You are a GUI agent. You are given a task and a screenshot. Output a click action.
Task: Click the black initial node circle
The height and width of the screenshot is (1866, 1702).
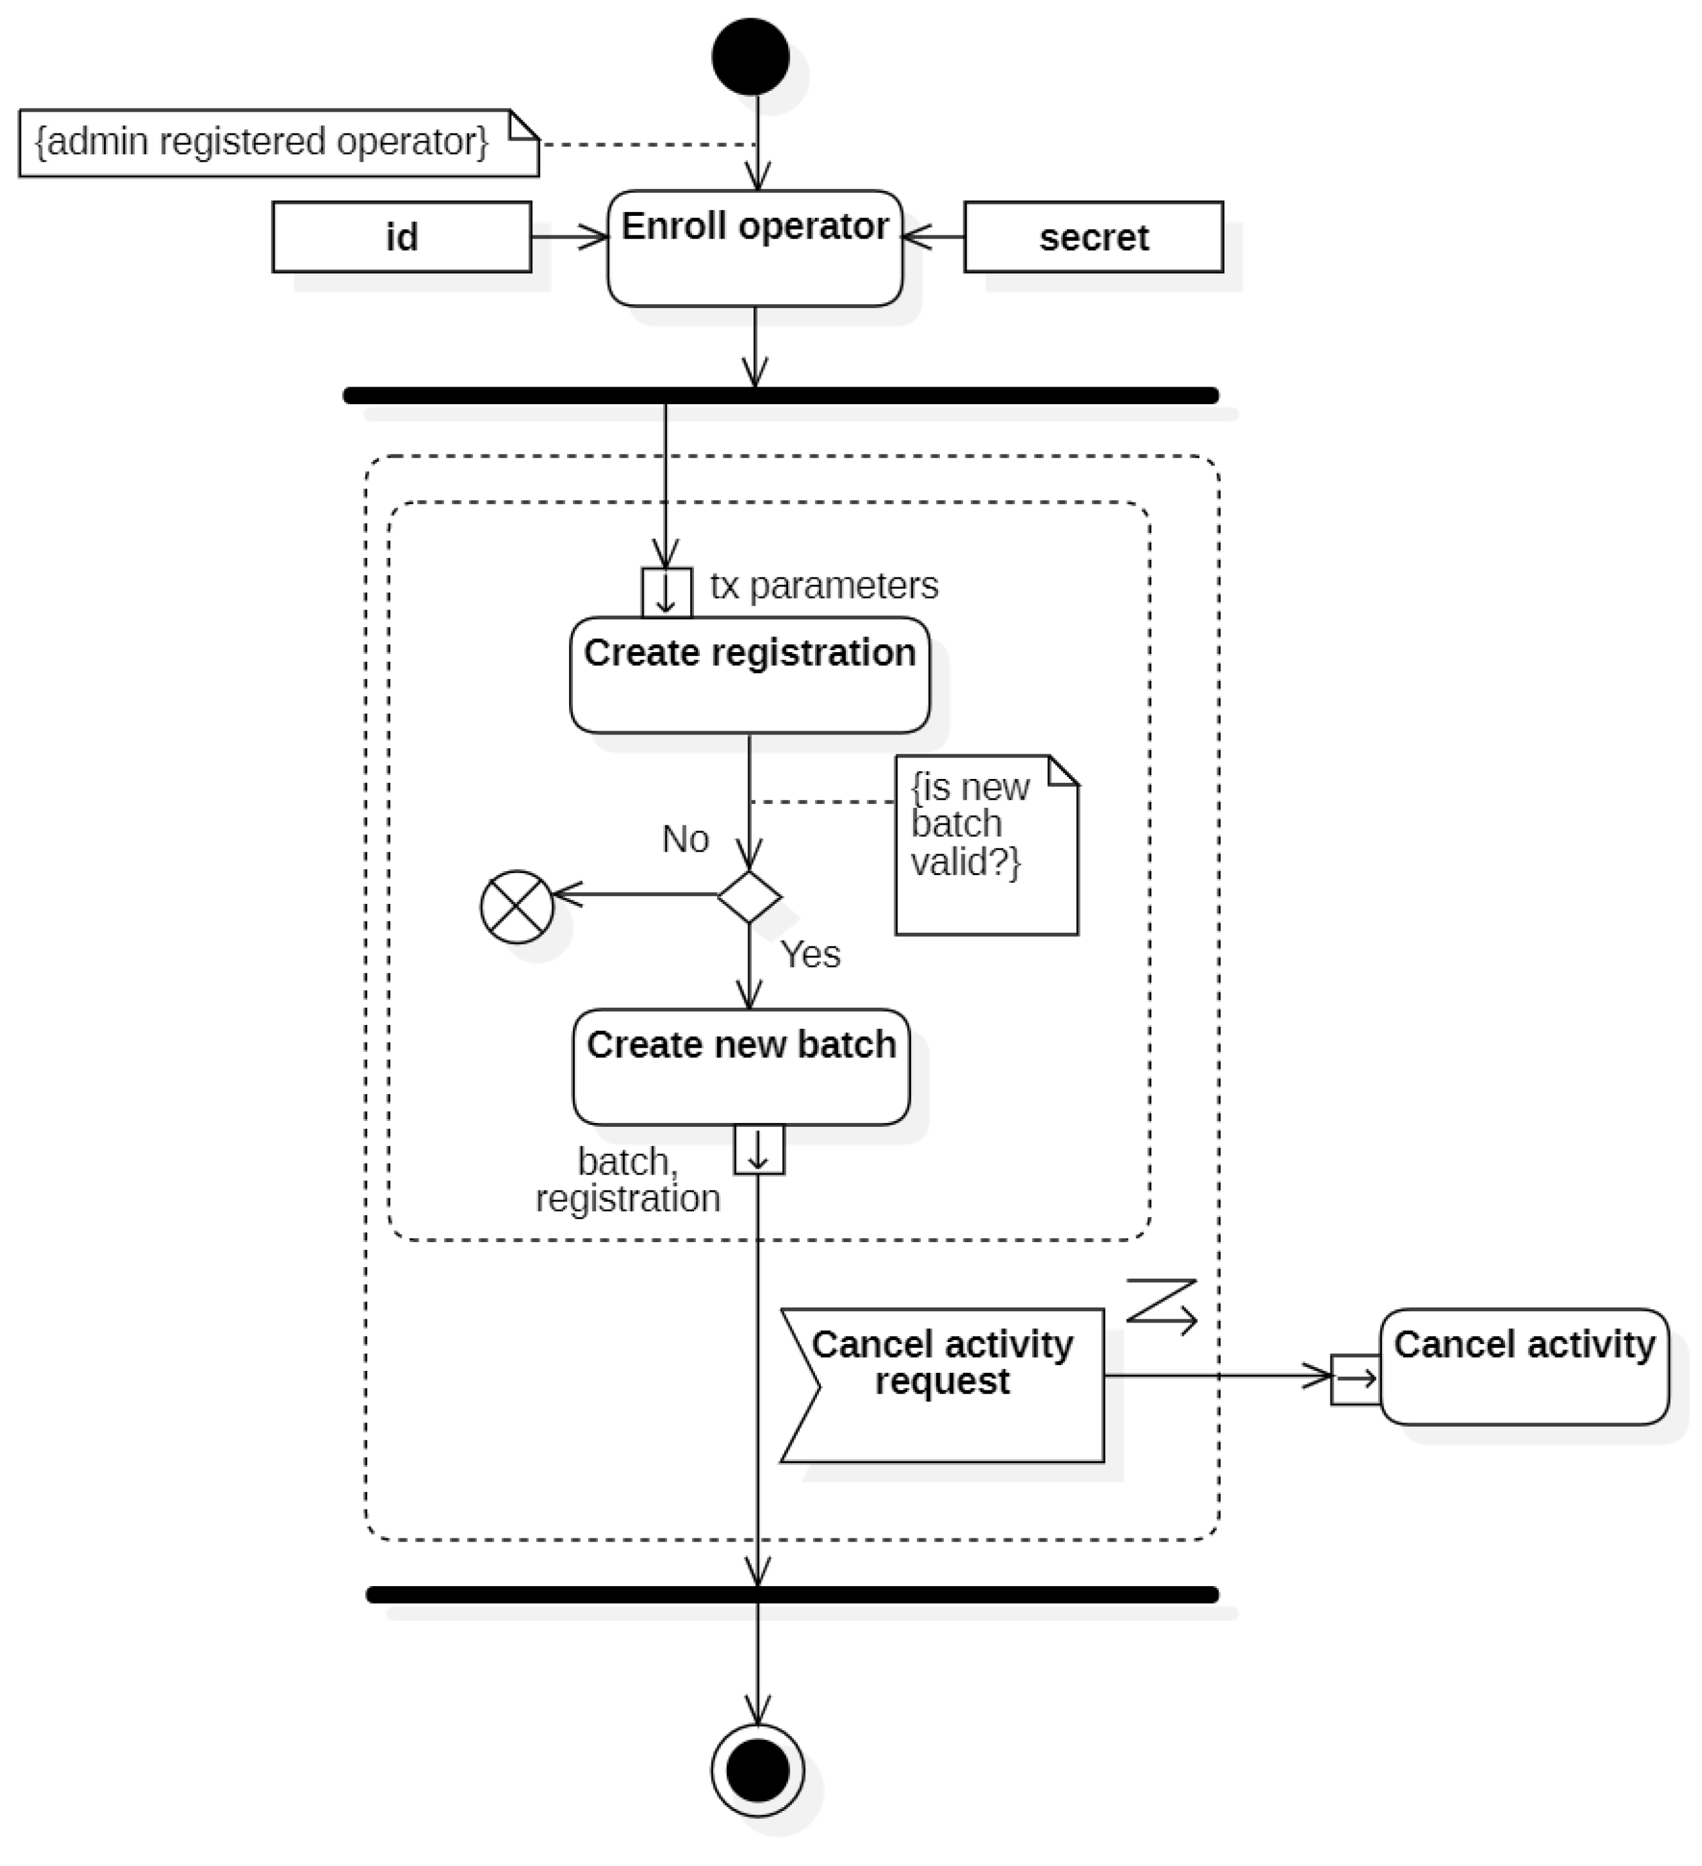[750, 58]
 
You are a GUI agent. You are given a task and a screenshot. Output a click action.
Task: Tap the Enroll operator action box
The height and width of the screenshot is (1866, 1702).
[754, 248]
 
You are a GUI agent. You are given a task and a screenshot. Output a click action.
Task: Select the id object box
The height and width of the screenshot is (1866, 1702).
[402, 237]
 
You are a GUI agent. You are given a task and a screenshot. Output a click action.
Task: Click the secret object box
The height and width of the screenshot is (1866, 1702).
[1093, 237]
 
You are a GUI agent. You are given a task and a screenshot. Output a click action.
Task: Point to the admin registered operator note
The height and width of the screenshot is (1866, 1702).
[277, 143]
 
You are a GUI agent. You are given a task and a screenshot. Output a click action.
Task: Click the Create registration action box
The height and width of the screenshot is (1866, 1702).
[749, 675]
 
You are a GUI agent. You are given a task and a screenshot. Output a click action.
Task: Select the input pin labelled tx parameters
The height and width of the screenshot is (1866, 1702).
[667, 593]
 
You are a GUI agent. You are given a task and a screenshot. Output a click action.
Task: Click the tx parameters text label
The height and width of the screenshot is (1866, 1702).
[824, 585]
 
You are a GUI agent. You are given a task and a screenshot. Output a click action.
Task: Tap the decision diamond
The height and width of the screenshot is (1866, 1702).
[749, 896]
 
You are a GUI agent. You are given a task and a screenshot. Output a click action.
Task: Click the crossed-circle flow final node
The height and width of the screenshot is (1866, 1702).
[517, 906]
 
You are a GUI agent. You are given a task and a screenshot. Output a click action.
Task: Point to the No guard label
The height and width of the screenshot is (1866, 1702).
[685, 838]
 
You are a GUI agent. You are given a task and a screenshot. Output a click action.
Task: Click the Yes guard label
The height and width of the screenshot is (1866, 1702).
[810, 954]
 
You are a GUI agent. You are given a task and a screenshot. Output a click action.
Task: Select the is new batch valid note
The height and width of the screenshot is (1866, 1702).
[986, 844]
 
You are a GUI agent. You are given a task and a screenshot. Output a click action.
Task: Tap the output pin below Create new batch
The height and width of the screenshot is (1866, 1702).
[759, 1150]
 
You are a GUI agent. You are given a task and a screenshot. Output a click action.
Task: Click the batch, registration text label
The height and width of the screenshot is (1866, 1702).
[627, 1179]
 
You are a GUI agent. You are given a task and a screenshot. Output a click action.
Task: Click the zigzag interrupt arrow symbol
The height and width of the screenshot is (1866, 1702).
[1162, 1305]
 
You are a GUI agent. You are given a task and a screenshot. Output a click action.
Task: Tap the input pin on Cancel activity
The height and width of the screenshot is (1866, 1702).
[1355, 1379]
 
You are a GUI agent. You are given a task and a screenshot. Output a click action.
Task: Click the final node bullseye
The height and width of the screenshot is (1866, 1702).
[757, 1770]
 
